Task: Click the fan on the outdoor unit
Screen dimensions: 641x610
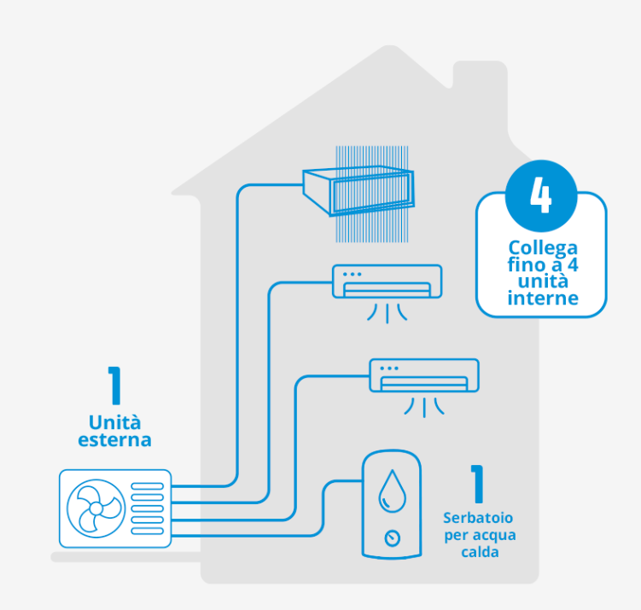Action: [x=96, y=508]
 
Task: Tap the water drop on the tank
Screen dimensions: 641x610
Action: [x=393, y=491]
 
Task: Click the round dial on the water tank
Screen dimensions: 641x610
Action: [x=393, y=538]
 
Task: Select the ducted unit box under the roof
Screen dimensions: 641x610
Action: [x=358, y=190]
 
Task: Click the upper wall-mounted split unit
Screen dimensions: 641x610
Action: [x=387, y=282]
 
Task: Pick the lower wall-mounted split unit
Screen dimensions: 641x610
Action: [x=424, y=375]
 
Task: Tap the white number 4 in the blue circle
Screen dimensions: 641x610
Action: [x=541, y=195]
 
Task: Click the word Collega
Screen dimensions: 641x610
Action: [x=543, y=248]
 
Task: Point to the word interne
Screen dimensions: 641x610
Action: [x=543, y=298]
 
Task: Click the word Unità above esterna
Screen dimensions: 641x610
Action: [x=114, y=422]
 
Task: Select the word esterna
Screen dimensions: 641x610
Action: [x=114, y=440]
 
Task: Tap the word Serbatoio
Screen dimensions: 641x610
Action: [x=478, y=518]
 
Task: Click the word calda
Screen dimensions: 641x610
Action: [x=480, y=552]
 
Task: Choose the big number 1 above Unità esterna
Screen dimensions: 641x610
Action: [x=114, y=386]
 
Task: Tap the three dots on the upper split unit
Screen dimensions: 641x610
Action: [x=352, y=274]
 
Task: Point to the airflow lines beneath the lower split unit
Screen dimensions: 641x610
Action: [x=424, y=407]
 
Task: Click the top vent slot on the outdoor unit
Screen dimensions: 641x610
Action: [x=147, y=486]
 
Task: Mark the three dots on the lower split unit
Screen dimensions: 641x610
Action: [x=389, y=368]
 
